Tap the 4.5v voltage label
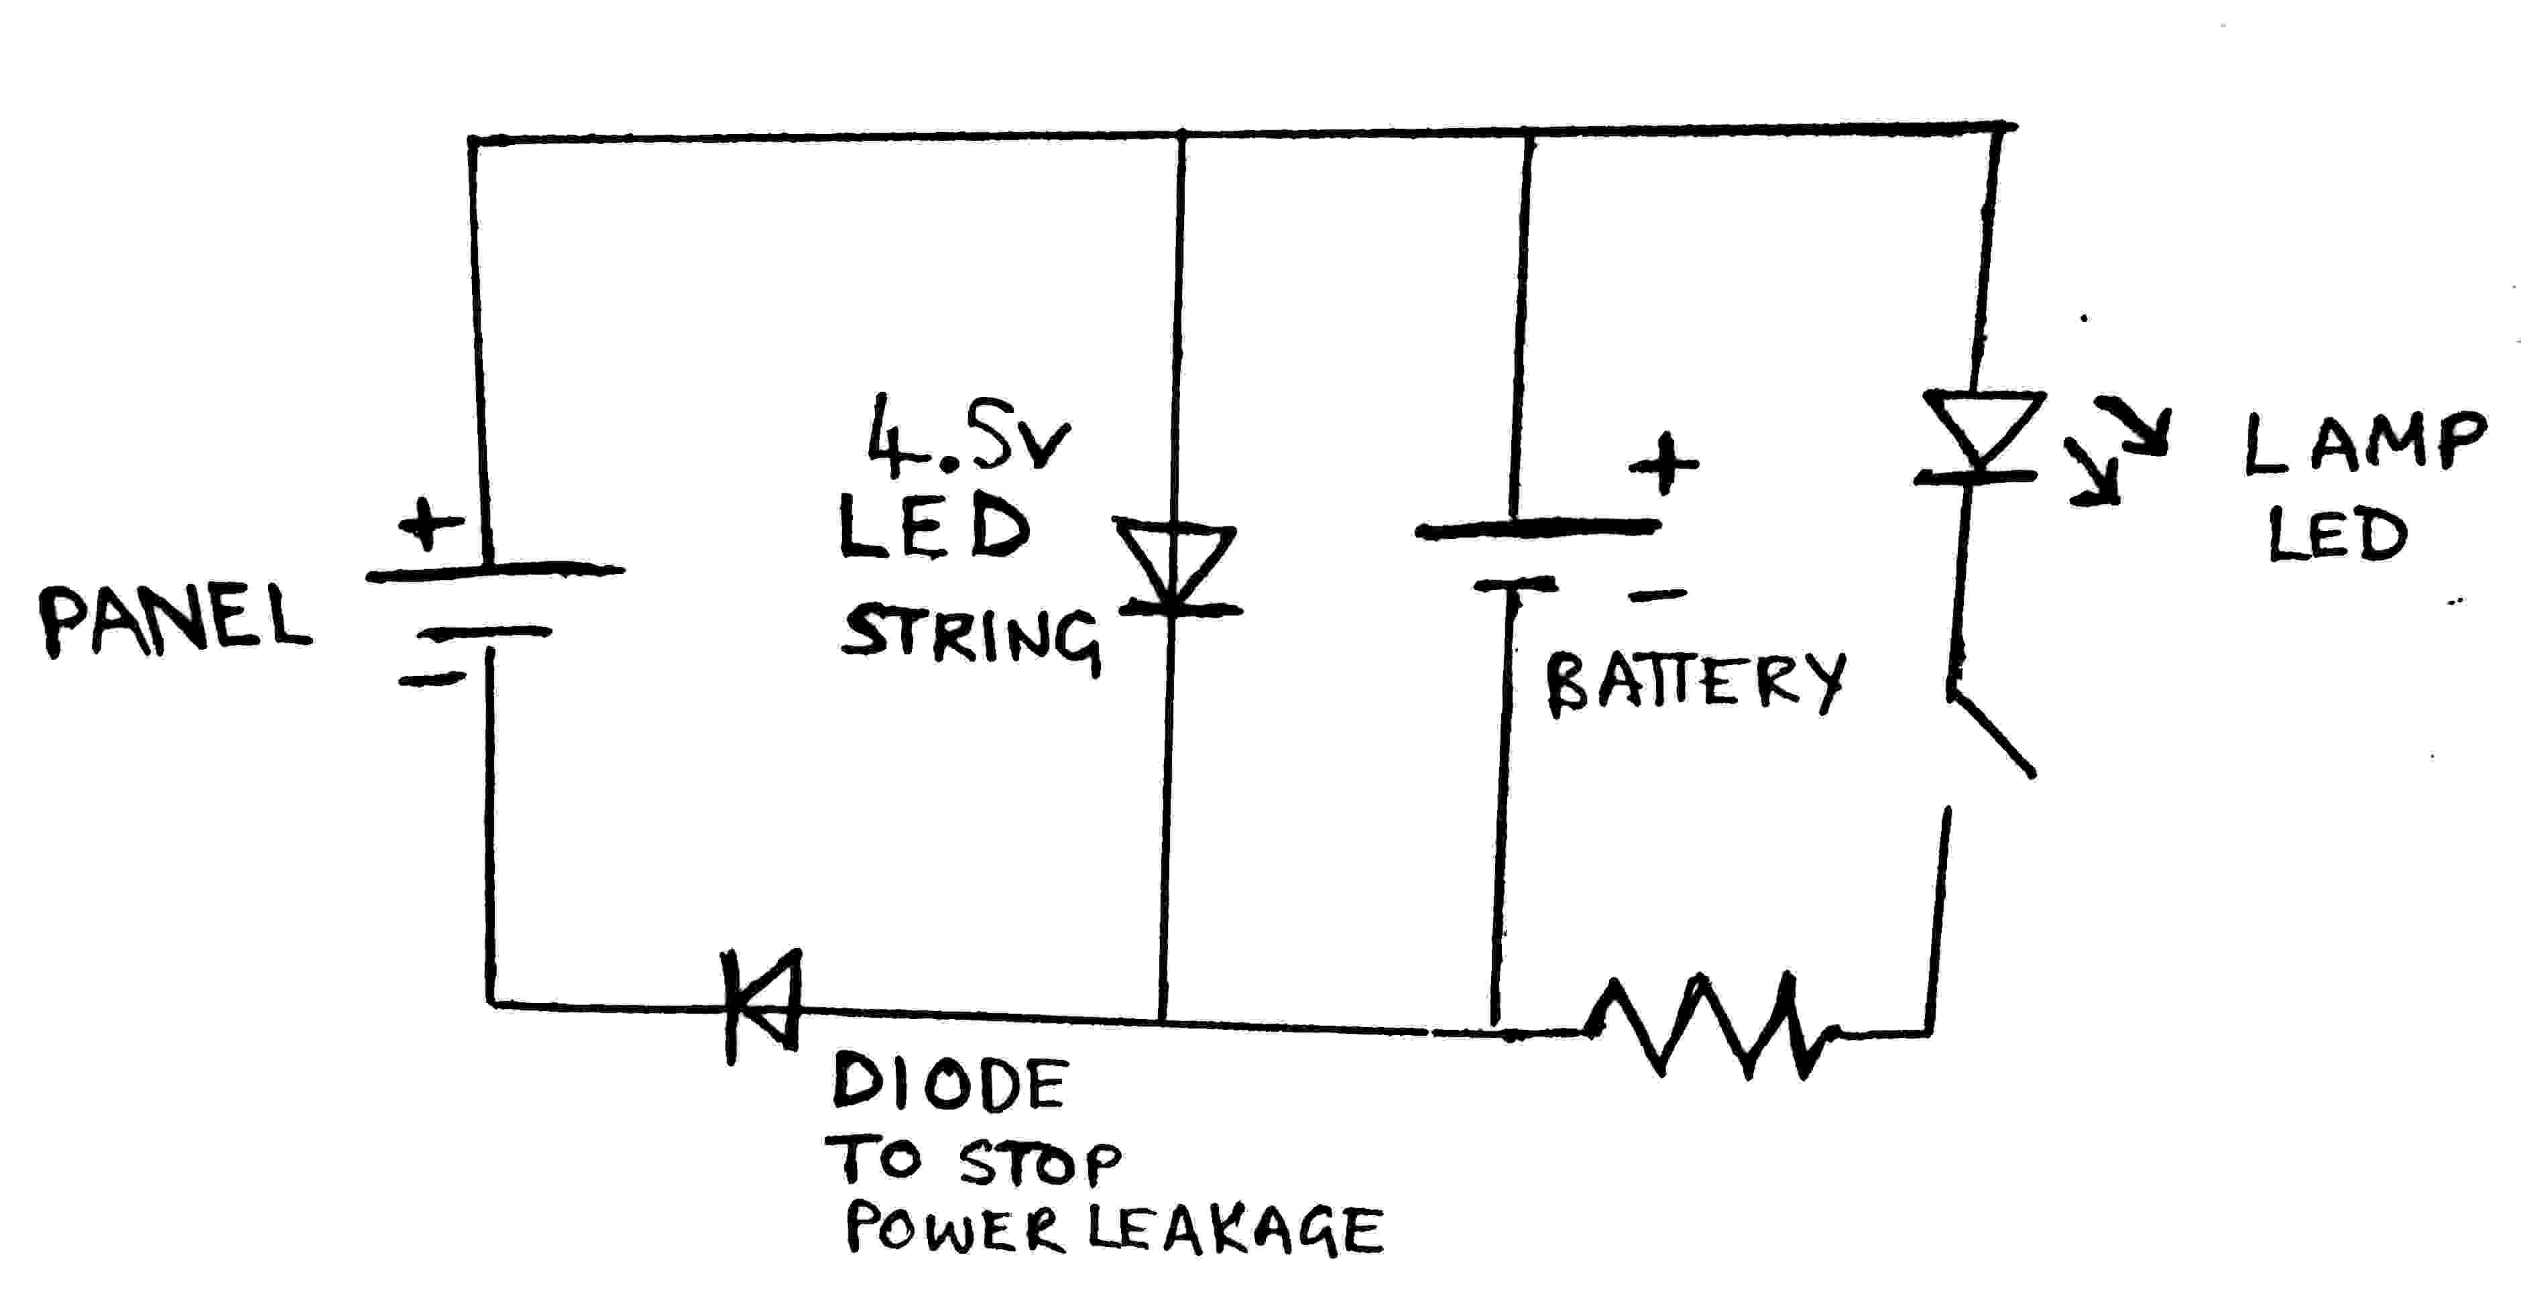click(967, 438)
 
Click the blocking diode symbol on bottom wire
click(764, 1006)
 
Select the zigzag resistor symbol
click(1709, 1026)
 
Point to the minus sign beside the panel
click(431, 678)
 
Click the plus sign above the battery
click(1663, 463)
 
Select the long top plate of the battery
click(1537, 529)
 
